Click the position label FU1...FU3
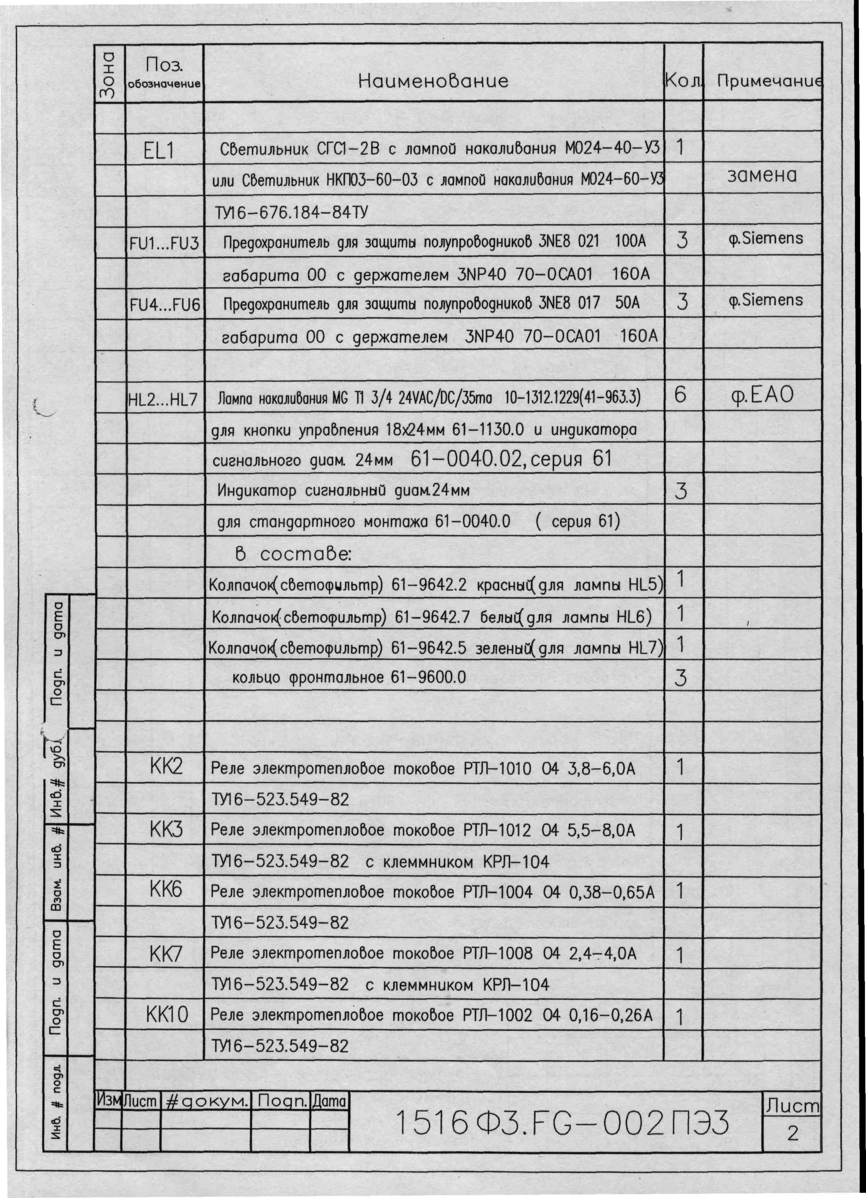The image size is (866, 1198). point(164,244)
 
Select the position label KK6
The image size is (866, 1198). point(166,890)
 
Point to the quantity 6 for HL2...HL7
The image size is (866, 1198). point(681,394)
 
